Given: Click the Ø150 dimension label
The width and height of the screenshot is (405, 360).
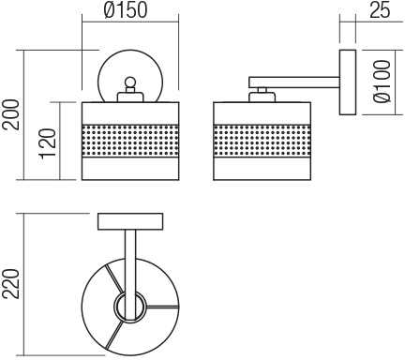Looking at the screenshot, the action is click(x=125, y=9).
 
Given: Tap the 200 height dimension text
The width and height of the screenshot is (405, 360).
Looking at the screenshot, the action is click(x=10, y=114).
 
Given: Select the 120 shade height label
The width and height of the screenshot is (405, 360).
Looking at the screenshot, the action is click(x=48, y=143).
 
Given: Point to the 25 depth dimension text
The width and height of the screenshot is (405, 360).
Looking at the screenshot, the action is click(x=380, y=10).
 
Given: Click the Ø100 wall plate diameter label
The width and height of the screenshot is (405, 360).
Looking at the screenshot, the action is click(x=382, y=82).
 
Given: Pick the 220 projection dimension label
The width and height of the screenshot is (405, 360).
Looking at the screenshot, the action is click(x=10, y=284).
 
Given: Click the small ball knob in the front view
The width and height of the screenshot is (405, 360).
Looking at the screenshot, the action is click(x=130, y=82).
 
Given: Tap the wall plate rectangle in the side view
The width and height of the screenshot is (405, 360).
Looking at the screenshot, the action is click(x=348, y=82).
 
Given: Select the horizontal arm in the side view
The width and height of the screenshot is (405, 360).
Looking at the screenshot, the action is click(x=294, y=82).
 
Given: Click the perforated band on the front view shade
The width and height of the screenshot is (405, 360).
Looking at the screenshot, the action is click(x=130, y=141).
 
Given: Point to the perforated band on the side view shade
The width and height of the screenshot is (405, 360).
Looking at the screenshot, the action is click(x=262, y=141).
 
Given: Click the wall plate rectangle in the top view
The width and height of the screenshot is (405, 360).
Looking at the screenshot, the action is click(x=130, y=221).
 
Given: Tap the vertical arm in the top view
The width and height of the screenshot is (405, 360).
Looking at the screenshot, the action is click(x=130, y=275).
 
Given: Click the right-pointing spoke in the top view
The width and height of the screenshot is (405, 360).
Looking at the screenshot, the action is click(x=162, y=307).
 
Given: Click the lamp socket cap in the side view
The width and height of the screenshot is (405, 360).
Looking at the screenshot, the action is click(x=262, y=97).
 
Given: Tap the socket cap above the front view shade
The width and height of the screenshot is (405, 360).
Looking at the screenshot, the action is click(x=130, y=97).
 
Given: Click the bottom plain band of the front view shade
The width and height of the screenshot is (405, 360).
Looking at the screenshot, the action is click(x=130, y=169).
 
